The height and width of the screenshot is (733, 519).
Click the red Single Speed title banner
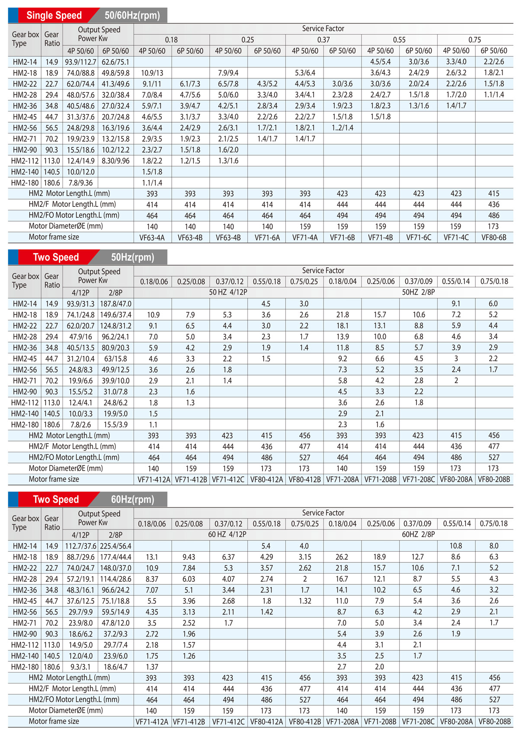coord(54,16)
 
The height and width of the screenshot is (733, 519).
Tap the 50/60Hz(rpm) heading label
coord(132,16)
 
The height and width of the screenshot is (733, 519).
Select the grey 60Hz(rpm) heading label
coord(132,499)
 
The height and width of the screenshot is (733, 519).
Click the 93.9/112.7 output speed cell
coord(80,62)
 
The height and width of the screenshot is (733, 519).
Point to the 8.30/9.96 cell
coord(115,161)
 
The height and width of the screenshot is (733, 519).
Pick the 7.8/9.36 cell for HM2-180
coord(80,183)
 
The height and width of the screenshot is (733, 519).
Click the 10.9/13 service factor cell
coord(152,73)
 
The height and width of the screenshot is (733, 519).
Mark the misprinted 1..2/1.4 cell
coord(343,127)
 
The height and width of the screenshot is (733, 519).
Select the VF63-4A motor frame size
coord(152,238)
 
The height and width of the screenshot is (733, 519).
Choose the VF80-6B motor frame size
coord(494,238)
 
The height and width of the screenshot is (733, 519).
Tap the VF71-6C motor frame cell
coord(419,238)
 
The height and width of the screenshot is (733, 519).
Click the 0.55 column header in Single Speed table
coord(399,40)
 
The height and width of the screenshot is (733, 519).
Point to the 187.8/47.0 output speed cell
coord(115,304)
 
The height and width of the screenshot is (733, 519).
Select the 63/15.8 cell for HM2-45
coord(115,359)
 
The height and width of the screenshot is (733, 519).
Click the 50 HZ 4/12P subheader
coord(228,292)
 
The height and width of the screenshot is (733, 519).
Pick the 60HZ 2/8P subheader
coord(418,534)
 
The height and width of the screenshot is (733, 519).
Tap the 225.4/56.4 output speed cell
coord(115,546)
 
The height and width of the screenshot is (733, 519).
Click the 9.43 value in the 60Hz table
coord(189,557)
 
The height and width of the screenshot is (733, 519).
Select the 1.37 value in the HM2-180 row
coord(152,666)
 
